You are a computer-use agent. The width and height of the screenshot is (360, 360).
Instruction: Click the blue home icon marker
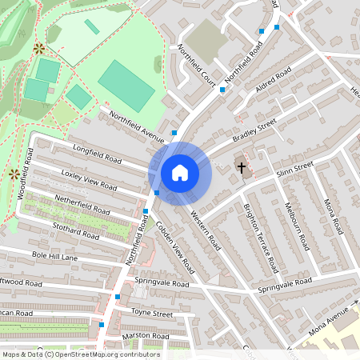[180, 172]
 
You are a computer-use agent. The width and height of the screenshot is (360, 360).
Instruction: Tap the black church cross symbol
[241, 168]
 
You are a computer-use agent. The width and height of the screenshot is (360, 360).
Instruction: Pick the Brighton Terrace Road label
[260, 237]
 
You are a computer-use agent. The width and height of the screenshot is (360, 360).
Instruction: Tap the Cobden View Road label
[175, 247]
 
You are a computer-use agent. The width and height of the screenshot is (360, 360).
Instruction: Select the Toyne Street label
[151, 313]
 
